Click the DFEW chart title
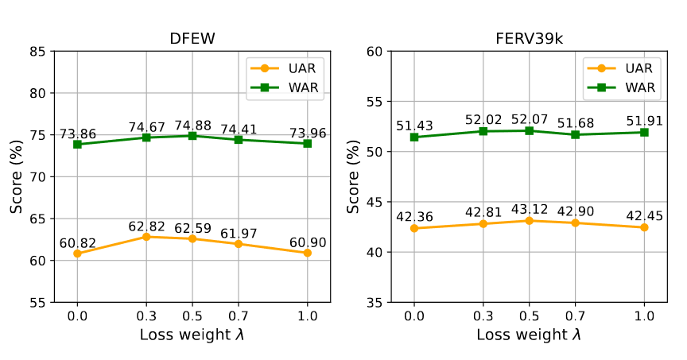pyautogui.click(x=192, y=39)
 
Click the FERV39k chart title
pyautogui.click(x=529, y=39)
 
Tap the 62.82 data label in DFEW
pyautogui.click(x=146, y=226)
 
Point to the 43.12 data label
pyautogui.click(x=529, y=210)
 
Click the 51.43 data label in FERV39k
pyautogui.click(x=413, y=126)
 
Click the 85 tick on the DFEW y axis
pyautogui.click(x=37, y=52)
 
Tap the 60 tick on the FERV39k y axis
pyautogui.click(x=375, y=52)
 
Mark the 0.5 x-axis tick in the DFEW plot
pyautogui.click(x=192, y=315)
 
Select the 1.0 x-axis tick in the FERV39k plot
pyautogui.click(x=644, y=315)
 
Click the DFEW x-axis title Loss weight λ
pyautogui.click(x=192, y=335)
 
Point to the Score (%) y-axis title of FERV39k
pyautogui.click(x=355, y=176)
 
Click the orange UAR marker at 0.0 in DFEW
pyautogui.click(x=77, y=254)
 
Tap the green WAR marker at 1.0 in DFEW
pyautogui.click(x=307, y=143)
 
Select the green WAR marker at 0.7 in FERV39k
pyautogui.click(x=575, y=134)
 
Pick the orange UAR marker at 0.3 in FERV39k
pyautogui.click(x=483, y=223)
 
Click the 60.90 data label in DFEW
pyautogui.click(x=307, y=242)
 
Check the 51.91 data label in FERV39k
pyautogui.click(x=644, y=122)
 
